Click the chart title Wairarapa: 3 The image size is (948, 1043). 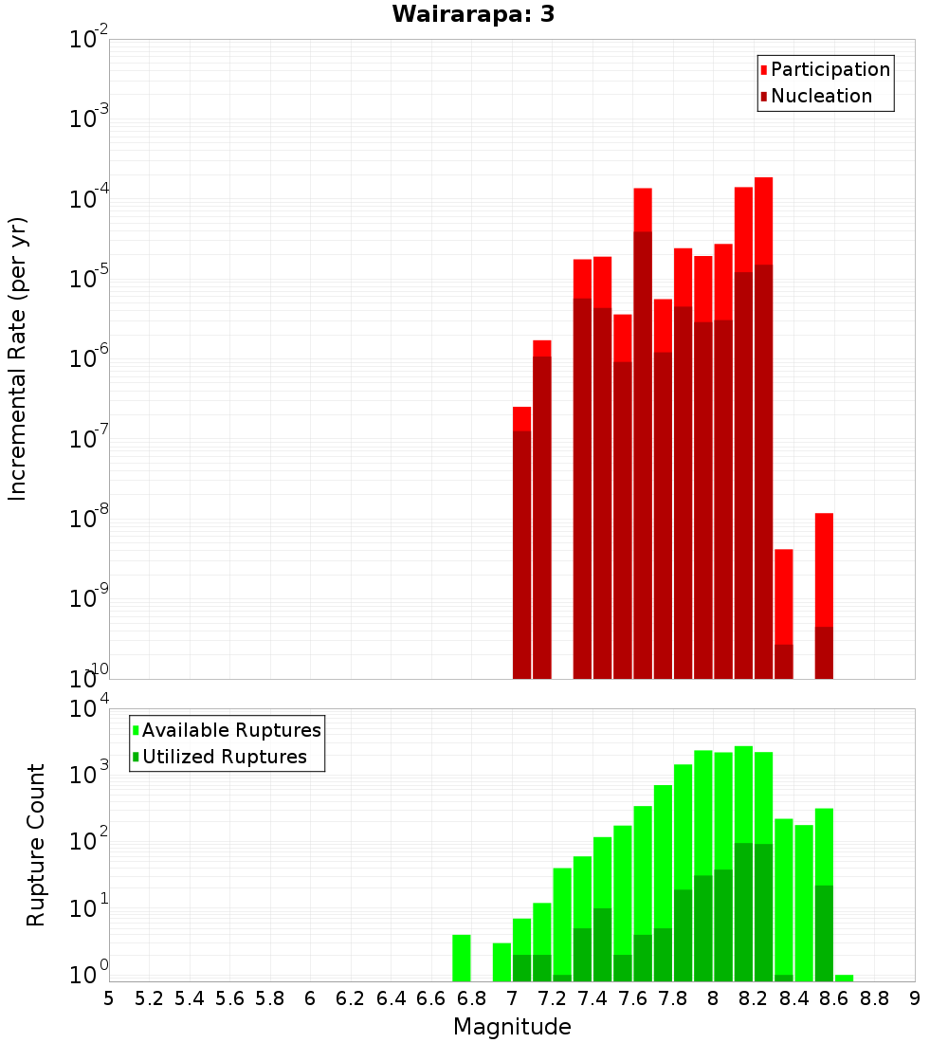coord(473,14)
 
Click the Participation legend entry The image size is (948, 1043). coord(825,69)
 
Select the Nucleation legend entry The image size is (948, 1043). coord(816,96)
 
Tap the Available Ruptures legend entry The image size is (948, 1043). coord(227,730)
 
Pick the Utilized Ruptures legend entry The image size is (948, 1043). coord(220,757)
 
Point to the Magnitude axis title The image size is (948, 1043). coord(512,1027)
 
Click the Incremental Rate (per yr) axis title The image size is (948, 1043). coord(17,359)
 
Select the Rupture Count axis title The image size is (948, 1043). coord(35,846)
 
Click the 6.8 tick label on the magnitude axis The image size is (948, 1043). coord(471,999)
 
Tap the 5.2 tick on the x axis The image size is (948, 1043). coord(149,999)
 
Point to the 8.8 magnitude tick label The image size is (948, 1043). coord(874,999)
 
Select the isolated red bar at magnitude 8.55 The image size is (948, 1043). coord(824,596)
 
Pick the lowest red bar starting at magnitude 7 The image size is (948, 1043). coord(522,542)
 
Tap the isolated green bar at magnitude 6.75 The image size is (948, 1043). coord(462,958)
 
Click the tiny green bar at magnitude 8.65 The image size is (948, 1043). coord(845,978)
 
